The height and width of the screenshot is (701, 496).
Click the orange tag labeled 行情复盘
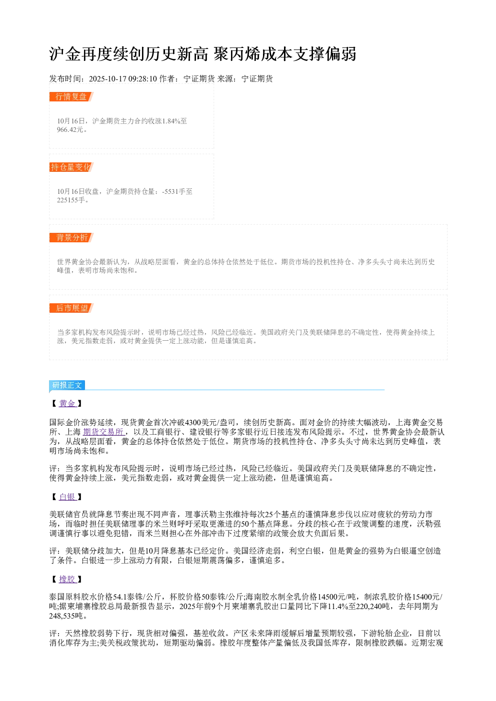(x=71, y=97)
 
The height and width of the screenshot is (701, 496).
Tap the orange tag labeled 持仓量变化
(x=71, y=167)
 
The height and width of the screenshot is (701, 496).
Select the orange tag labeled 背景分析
(x=71, y=237)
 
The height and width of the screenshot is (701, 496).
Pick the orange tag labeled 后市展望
(x=71, y=308)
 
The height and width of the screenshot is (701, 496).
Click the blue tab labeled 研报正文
(x=67, y=385)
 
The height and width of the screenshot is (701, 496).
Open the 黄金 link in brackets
(x=67, y=403)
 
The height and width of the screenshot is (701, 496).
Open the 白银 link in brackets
(x=67, y=497)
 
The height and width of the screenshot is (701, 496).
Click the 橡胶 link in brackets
(x=67, y=579)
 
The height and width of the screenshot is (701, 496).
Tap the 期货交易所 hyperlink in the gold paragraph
(x=103, y=432)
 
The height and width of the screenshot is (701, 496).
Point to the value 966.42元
(x=70, y=129)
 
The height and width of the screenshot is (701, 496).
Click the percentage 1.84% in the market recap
(x=170, y=121)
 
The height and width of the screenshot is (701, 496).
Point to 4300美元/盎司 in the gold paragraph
(x=210, y=423)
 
